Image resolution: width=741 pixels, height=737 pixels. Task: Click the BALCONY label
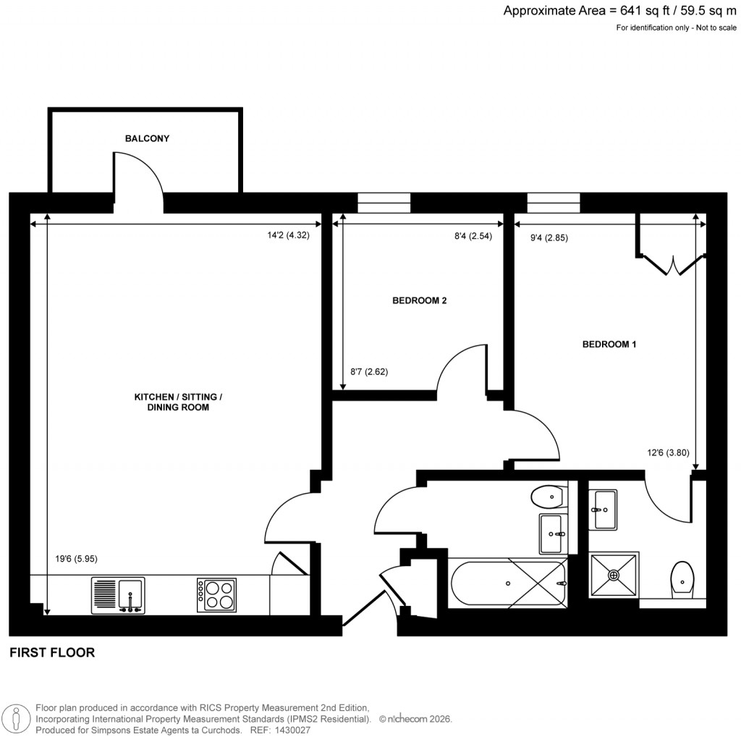coord(147,138)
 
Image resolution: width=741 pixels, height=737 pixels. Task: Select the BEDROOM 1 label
coord(609,345)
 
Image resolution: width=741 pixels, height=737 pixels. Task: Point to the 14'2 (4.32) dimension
coord(288,235)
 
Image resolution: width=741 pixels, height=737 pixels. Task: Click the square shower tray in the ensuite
coord(614,576)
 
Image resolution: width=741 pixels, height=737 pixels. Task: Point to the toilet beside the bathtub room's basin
coord(547,497)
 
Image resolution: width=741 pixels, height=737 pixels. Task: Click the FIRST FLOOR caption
coord(52,653)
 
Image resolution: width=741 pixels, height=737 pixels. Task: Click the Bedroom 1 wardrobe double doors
coord(672,264)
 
